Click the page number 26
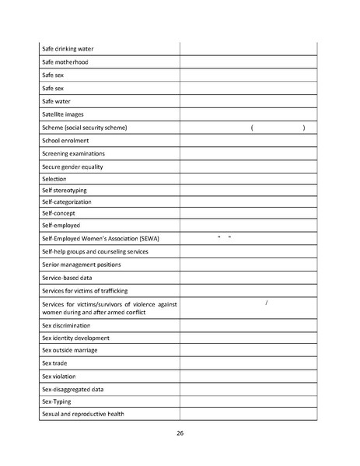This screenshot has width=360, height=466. pos(180,433)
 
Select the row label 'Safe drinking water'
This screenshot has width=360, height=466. pos(68,48)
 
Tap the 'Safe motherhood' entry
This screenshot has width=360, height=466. pos(65,61)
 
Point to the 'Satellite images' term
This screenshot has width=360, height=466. pos(63,114)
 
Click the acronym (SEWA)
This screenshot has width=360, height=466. pos(158,238)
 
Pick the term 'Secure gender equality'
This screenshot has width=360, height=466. pos(72,166)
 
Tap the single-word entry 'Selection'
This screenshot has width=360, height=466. pos(54,179)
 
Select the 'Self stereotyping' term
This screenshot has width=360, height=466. pos(65,190)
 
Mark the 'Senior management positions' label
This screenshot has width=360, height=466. pos(81,265)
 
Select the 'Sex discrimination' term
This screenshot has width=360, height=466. pos(66,325)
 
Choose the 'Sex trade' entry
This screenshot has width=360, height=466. pos(55,363)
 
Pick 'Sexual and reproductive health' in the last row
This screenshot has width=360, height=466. pos(82,414)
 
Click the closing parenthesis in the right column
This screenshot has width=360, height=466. pos(303,127)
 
